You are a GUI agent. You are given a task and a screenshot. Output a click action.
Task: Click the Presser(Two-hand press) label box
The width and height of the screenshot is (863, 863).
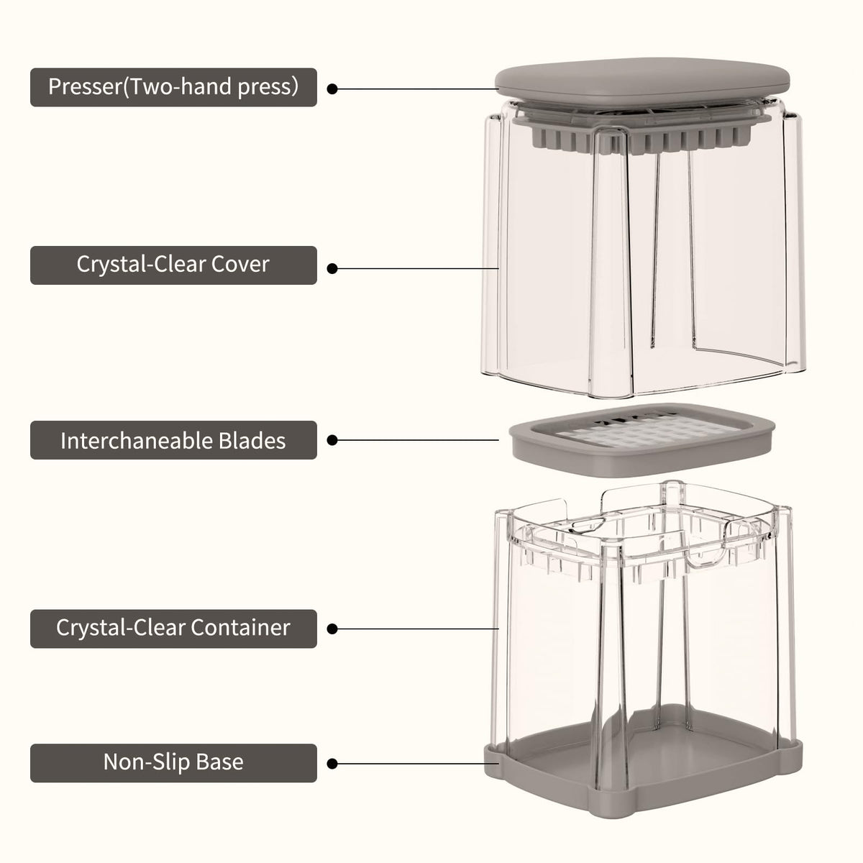(173, 87)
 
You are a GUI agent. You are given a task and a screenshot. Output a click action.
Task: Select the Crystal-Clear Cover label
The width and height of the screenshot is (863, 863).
(173, 265)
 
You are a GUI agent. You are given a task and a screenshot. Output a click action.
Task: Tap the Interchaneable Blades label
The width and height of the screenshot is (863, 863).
(173, 440)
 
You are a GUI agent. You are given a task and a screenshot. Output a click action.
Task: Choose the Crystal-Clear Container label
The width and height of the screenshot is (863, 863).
(173, 629)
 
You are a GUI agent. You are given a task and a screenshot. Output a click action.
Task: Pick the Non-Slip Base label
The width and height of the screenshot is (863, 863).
(173, 763)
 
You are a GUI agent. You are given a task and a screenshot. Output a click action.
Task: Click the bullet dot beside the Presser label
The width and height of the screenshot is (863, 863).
(332, 89)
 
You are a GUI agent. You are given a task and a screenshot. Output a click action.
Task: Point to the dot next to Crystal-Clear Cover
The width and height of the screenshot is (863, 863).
(332, 269)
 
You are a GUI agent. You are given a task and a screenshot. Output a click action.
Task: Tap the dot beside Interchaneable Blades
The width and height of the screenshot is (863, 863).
(332, 440)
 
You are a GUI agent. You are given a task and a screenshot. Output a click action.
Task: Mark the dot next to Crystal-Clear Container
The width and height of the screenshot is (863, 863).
(332, 629)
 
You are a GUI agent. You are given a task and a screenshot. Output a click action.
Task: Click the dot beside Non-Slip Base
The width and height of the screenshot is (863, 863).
(332, 764)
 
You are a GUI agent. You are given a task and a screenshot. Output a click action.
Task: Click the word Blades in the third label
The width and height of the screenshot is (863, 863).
(252, 441)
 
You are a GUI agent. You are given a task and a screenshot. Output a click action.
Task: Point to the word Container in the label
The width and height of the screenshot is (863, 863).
(240, 627)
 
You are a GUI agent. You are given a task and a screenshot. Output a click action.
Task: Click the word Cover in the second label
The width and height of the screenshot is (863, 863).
(240, 264)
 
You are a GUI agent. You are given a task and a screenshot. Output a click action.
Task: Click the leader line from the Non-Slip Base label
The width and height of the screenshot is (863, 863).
(416, 764)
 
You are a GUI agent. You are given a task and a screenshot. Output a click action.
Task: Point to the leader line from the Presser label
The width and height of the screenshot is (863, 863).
(416, 89)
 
